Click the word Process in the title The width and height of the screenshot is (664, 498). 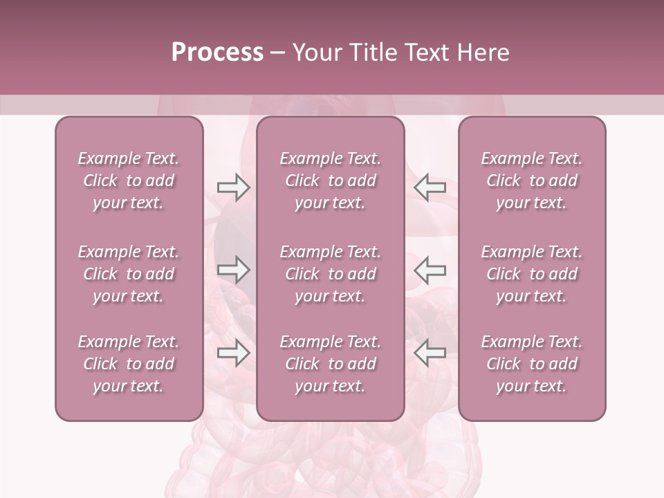217,53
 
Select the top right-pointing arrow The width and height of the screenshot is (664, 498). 233,187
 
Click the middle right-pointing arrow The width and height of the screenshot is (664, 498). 233,270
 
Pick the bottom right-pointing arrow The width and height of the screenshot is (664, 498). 233,353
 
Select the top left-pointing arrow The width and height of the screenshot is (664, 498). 430,187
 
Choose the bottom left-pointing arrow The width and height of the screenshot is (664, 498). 430,353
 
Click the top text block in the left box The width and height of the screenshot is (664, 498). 129,181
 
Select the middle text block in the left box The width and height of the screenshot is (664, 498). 129,274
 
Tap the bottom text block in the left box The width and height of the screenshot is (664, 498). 129,364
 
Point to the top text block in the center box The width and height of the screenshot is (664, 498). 331,181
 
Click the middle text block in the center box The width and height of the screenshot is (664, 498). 331,274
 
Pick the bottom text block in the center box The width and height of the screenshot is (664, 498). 331,364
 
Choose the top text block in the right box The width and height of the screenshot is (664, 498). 532,181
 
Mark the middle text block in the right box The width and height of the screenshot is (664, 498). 532,274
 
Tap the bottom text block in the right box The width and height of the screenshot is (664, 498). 532,364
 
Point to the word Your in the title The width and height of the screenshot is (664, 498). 315,53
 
